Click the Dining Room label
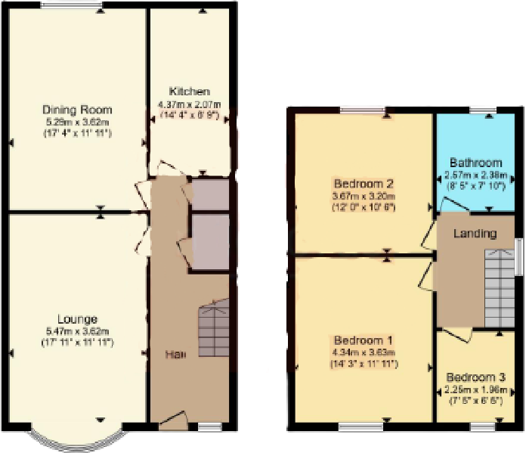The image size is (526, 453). pyautogui.click(x=76, y=110)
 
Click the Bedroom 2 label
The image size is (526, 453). pyautogui.click(x=364, y=183)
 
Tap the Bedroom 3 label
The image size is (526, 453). pyautogui.click(x=475, y=377)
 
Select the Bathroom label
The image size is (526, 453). pyautogui.click(x=475, y=162)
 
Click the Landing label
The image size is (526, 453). pyautogui.click(x=475, y=233)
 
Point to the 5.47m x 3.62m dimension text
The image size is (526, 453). pyautogui.click(x=76, y=331)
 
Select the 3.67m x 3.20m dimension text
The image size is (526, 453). pyautogui.click(x=364, y=195)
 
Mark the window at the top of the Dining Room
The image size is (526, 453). pyautogui.click(x=72, y=7)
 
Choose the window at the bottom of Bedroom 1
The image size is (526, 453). pyautogui.click(x=360, y=427)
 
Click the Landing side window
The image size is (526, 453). pyautogui.click(x=520, y=257)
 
